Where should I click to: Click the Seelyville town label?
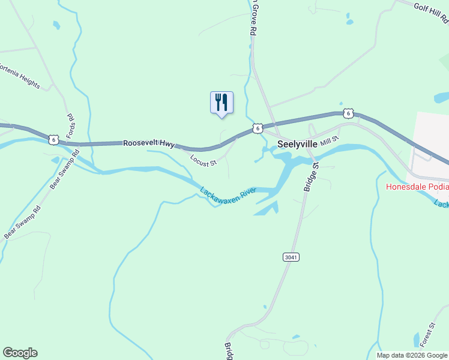click(297, 145)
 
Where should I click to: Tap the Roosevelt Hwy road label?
click(148, 144)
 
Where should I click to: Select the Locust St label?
click(203, 160)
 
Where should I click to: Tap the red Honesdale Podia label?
click(417, 186)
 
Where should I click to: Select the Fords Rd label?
click(70, 125)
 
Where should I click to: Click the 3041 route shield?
click(291, 257)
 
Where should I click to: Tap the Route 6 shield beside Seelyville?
click(257, 128)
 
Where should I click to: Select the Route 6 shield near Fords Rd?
click(54, 140)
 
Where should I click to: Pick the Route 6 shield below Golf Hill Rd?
click(348, 113)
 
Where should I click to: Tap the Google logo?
click(20, 353)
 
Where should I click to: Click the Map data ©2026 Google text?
click(412, 355)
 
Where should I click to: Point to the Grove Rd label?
click(253, 18)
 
